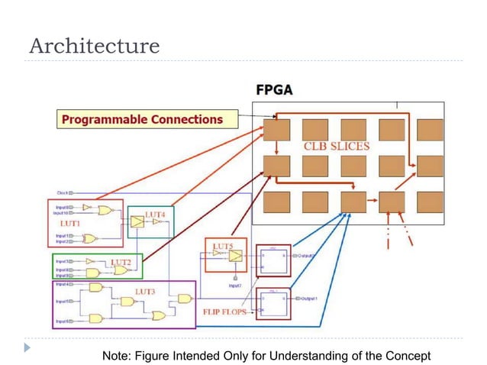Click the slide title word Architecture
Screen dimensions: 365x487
click(94, 46)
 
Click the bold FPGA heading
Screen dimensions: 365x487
click(273, 90)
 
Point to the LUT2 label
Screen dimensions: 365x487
click(121, 262)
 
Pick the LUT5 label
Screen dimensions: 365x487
click(223, 246)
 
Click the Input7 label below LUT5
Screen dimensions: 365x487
click(235, 285)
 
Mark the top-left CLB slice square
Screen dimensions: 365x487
click(276, 130)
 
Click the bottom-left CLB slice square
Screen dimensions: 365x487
click(276, 202)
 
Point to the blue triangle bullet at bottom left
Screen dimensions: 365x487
click(29, 348)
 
